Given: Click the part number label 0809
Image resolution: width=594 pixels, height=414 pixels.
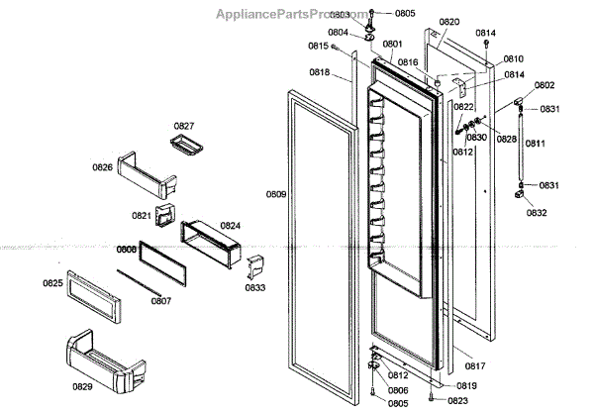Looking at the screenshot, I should click(276, 194).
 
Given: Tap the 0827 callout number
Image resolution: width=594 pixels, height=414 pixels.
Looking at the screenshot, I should click(185, 126).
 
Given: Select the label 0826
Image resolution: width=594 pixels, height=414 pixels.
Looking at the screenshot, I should click(103, 167).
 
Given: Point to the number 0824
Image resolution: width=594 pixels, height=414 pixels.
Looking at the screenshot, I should click(231, 226).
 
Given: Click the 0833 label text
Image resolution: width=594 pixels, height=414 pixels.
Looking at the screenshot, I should click(255, 288).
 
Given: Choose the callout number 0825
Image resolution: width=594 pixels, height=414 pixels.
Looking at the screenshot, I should click(52, 283).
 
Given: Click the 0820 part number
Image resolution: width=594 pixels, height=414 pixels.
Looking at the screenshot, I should click(449, 22).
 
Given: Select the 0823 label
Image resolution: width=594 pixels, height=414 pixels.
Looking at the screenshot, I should click(457, 400).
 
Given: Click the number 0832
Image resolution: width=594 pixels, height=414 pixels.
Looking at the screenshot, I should click(537, 213).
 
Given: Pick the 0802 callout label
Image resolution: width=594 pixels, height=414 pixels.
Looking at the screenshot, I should click(544, 85).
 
